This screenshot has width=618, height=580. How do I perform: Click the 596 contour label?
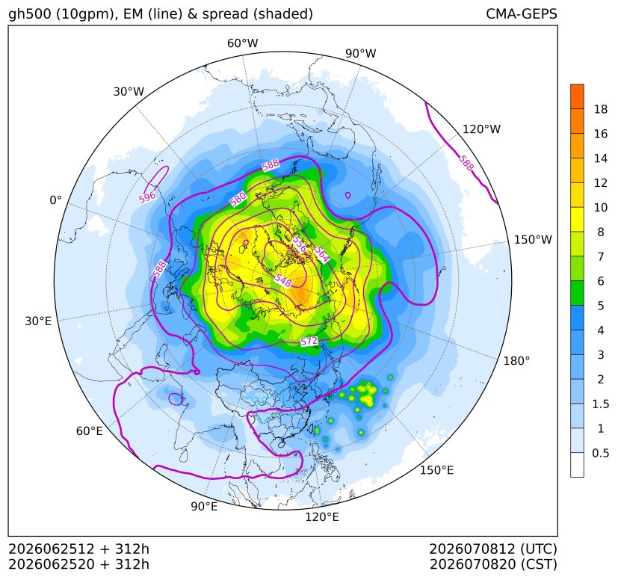[147, 197]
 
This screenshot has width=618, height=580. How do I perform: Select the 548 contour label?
[283, 280]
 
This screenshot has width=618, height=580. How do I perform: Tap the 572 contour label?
[309, 341]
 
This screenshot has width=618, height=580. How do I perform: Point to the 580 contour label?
[238, 199]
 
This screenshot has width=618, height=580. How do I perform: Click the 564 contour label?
[321, 254]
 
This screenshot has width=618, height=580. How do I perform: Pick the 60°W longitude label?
[242, 43]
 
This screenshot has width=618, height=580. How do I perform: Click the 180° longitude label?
[516, 361]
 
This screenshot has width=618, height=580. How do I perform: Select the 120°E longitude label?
[322, 517]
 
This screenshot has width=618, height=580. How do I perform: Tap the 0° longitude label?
[55, 200]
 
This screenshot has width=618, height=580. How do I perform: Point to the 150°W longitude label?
[533, 240]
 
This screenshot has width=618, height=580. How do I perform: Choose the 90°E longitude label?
[204, 507]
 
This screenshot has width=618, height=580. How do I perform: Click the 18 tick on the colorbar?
[601, 109]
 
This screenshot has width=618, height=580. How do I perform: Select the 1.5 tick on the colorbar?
[601, 404]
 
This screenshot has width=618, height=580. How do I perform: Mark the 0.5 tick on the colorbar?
[601, 453]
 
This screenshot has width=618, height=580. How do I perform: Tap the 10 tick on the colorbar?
[601, 207]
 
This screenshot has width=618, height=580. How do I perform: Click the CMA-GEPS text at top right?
[522, 14]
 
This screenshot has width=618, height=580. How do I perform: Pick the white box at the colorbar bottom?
[577, 465]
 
